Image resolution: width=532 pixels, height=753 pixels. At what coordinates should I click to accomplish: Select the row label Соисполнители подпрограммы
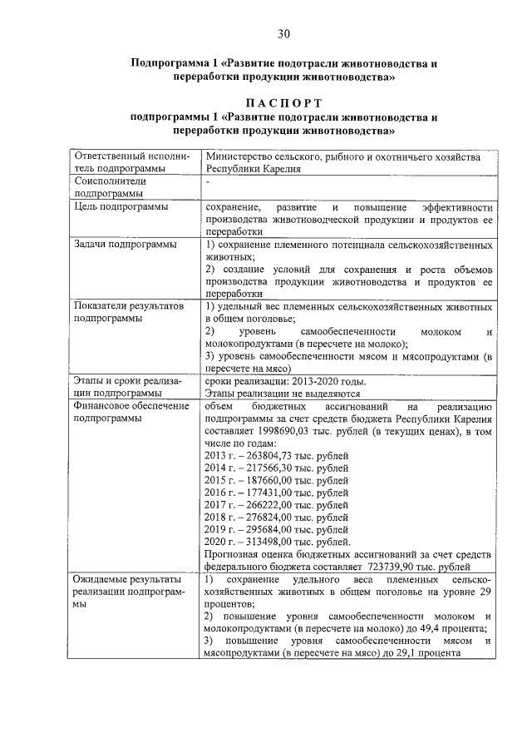point(110,187)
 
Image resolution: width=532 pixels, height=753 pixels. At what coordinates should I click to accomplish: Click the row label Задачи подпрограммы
point(125,245)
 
